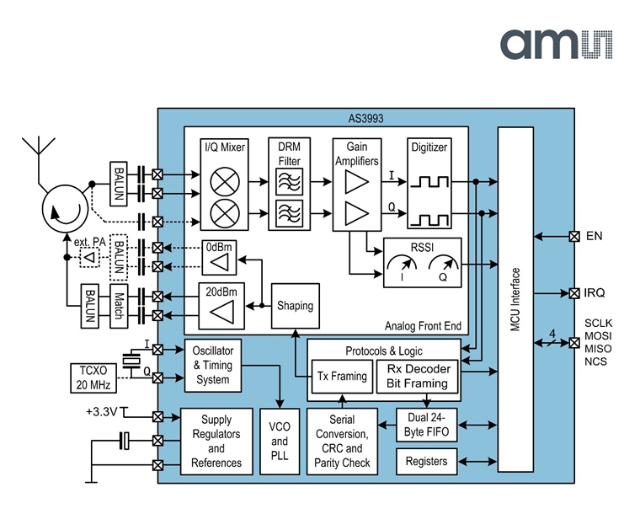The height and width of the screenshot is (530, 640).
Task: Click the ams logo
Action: coord(557,44)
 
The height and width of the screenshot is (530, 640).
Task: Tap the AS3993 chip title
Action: coord(365,119)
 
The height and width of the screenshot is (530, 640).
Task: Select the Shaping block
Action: coord(295,306)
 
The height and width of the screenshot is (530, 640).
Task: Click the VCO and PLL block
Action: coord(280,442)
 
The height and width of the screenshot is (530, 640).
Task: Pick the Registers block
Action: coord(427,462)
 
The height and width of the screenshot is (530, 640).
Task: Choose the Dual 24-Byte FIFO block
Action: coord(427,425)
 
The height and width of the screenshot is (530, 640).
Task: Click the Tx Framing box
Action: coord(342,377)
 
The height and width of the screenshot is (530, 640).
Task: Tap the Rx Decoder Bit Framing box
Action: coord(417,377)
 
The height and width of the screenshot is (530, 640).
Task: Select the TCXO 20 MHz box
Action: coord(93,378)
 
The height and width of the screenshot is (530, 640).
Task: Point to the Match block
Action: coord(119,306)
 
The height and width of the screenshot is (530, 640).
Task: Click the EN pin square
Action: coord(574,236)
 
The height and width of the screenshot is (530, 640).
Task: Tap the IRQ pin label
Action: coord(595,292)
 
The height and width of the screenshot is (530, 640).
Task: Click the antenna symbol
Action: coord(39,154)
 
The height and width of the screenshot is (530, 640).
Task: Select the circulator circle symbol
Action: coord(66,209)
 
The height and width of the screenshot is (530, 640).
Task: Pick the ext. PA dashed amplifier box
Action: coord(89,258)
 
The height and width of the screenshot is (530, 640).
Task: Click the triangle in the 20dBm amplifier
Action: coord(222,312)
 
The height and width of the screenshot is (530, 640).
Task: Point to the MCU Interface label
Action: coord(515,299)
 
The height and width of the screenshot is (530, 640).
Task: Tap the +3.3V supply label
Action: coord(102,411)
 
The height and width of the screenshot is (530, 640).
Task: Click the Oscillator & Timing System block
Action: coord(213,366)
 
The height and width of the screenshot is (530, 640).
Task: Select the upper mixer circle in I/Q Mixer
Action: coord(225,182)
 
